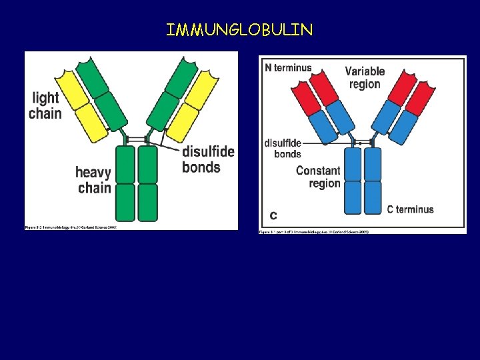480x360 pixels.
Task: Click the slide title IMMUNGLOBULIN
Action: pyautogui.click(x=239, y=30)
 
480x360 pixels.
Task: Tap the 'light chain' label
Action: pyautogui.click(x=45, y=105)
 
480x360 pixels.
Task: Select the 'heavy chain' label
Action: pyautogui.click(x=93, y=180)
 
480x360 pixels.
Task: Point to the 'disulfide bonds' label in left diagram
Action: pyautogui.click(x=208, y=159)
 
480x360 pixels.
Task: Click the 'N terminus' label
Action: pyautogui.click(x=288, y=68)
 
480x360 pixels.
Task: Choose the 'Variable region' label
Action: pyautogui.click(x=365, y=77)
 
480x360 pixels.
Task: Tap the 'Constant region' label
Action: pyautogui.click(x=318, y=177)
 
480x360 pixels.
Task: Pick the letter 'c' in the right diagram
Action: pyautogui.click(x=273, y=215)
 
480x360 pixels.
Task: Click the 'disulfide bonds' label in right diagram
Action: pyautogui.click(x=283, y=148)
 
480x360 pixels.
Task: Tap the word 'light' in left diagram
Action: pyautogui.click(x=45, y=98)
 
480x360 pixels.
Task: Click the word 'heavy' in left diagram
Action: pyautogui.click(x=93, y=173)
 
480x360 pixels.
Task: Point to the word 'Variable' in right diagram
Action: pyautogui.click(x=365, y=71)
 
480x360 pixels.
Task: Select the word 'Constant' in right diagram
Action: pyautogui.click(x=318, y=171)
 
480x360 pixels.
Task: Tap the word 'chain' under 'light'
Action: pyautogui.click(x=45, y=113)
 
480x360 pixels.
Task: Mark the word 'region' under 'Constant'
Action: pyautogui.click(x=325, y=183)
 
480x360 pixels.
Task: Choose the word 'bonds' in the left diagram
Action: pyautogui.click(x=201, y=167)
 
